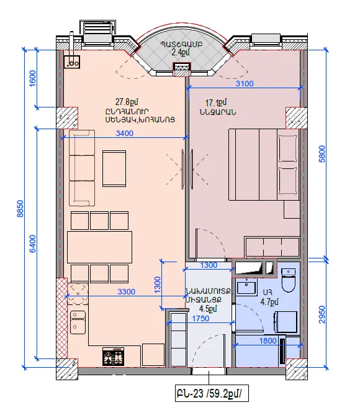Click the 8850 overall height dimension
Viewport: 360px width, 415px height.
[20, 209]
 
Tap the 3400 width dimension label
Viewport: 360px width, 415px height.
[124, 133]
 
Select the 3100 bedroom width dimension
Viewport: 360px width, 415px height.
[245, 84]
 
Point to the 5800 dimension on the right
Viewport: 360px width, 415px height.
[322, 154]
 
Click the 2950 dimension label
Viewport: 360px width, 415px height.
[322, 314]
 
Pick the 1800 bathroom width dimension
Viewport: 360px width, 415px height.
[268, 340]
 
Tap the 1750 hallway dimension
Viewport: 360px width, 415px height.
[200, 319]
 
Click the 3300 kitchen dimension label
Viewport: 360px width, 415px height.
[127, 291]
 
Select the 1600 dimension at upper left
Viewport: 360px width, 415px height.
[32, 78]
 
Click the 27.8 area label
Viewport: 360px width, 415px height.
[127, 102]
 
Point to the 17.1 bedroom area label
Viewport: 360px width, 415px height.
[216, 103]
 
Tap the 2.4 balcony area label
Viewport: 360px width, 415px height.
[181, 52]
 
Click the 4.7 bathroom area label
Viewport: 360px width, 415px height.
[269, 302]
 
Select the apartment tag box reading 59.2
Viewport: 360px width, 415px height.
[212, 393]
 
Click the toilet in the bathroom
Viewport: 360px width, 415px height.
[289, 281]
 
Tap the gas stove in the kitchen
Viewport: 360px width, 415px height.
[113, 357]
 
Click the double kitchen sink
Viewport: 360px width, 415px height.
[78, 322]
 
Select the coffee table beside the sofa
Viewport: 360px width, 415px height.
[114, 168]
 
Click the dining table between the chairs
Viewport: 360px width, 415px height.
[99, 247]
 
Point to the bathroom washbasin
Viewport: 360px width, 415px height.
[246, 286]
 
